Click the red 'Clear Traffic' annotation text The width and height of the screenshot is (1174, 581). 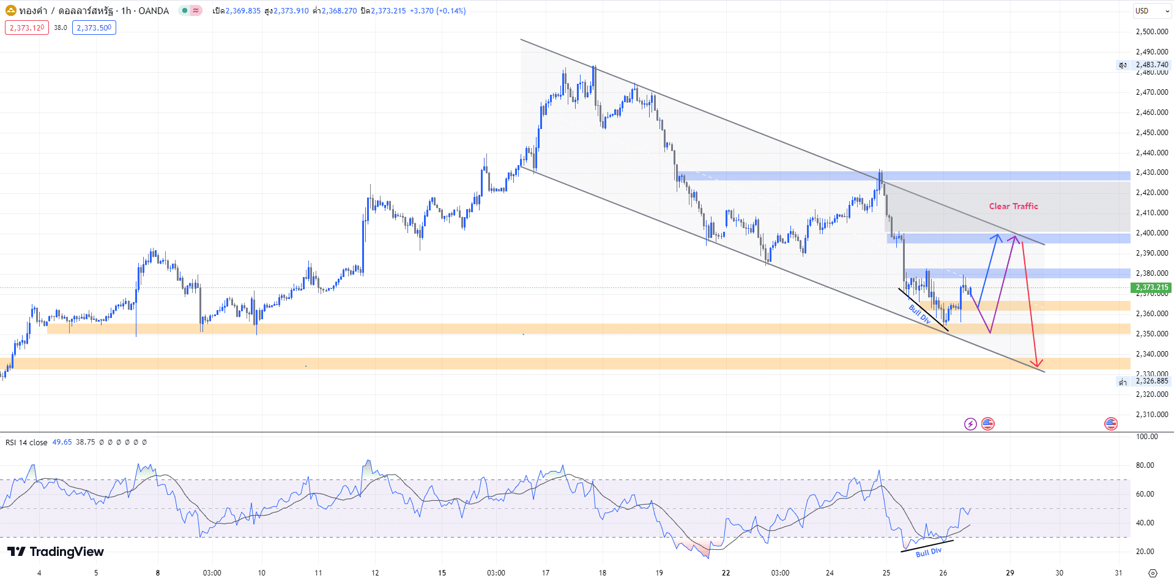coord(1013,206)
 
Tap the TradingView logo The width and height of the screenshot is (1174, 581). coord(56,552)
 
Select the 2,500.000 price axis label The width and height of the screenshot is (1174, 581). coord(1152,32)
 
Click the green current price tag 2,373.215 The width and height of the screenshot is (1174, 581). coord(1152,287)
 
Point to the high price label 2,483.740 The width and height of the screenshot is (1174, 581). coord(1152,65)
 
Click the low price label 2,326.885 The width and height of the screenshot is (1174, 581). coord(1152,381)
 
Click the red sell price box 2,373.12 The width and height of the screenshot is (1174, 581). coord(27,28)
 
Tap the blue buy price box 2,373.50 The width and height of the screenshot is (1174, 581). coord(94,28)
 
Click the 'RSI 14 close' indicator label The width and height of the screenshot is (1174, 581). coord(26,442)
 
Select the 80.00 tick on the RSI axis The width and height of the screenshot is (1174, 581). coord(1145,465)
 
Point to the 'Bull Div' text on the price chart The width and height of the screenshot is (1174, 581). coord(920,314)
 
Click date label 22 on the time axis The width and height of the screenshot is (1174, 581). coord(726,573)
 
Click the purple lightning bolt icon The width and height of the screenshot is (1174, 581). coord(970,424)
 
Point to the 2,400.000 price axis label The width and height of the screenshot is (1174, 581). coord(1152,233)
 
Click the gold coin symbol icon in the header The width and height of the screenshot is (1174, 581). coord(11,10)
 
